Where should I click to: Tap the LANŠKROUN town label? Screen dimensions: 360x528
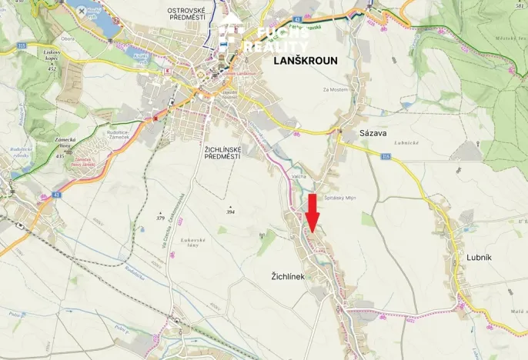[x=306, y=61]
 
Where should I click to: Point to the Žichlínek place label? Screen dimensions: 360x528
[x=293, y=275]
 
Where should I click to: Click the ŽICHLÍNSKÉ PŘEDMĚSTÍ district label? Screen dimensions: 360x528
[x=212, y=152]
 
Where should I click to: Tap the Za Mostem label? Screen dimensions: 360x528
[x=336, y=90]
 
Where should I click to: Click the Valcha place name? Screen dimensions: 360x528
[x=299, y=175]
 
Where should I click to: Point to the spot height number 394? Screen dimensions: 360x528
[x=229, y=211]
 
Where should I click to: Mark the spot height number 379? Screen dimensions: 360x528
[x=160, y=218]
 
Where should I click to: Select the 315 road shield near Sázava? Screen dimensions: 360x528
[x=386, y=156]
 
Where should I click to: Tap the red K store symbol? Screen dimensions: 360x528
[x=165, y=70]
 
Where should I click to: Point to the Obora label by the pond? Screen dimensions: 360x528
[x=68, y=38]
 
